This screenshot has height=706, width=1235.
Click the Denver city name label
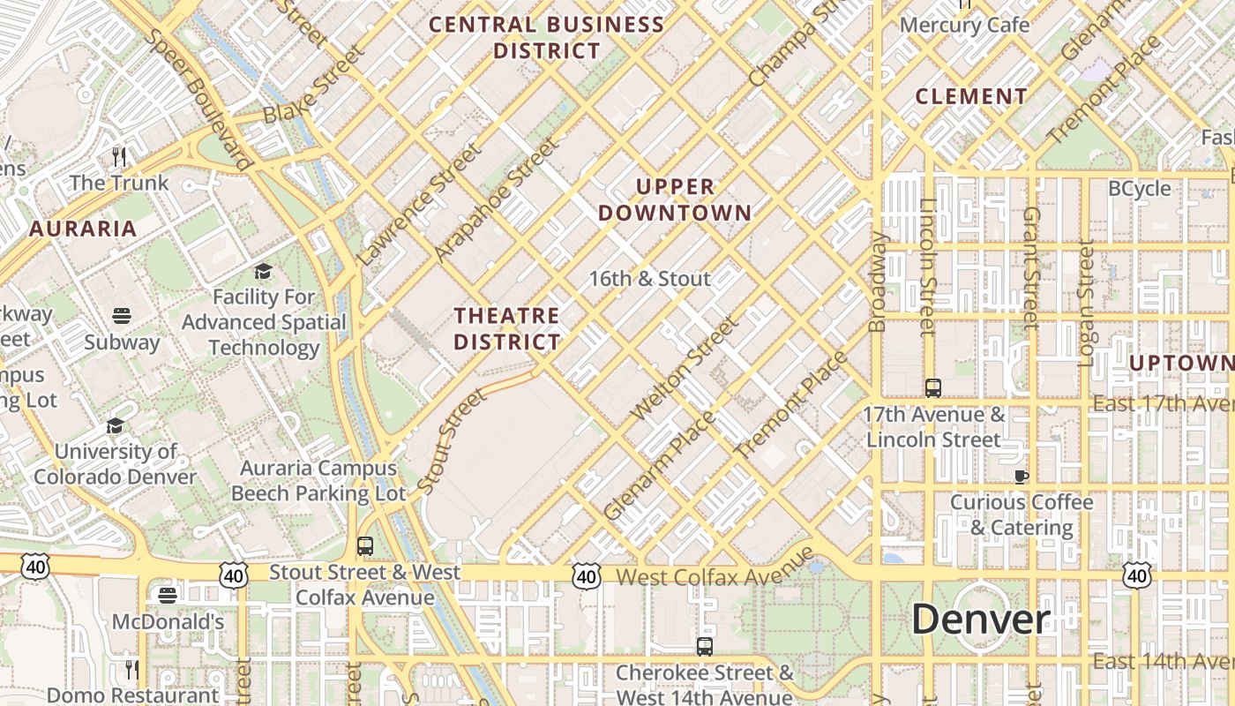coord(980,619)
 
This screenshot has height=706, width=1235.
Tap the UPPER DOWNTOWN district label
coord(675,199)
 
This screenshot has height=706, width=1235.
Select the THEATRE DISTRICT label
coord(506,328)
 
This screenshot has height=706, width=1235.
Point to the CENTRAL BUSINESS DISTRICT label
coord(547,38)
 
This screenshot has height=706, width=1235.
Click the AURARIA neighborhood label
coord(83,229)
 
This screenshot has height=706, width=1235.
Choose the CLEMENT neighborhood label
coord(971,96)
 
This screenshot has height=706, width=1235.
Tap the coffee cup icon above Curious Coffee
coord(1021,477)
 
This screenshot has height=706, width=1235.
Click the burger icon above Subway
coord(122,315)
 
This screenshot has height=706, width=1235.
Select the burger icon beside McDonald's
coord(168,595)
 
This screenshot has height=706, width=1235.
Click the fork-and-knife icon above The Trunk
coord(119,157)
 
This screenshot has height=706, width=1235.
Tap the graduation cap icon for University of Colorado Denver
coord(115,426)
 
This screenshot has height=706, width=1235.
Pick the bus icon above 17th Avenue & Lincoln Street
coord(932,387)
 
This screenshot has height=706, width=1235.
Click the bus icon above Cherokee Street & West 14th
coord(704,646)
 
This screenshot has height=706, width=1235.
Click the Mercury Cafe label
coord(964,25)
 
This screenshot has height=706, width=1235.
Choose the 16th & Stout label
coord(649,279)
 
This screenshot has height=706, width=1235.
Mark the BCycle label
coord(1139,189)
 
